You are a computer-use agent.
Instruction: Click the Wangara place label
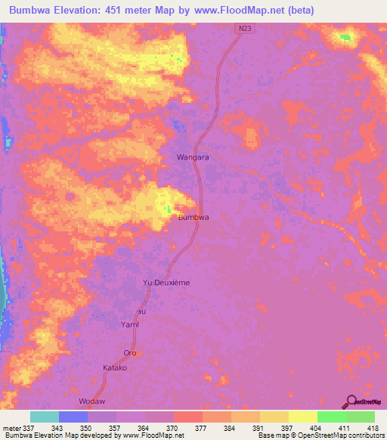[x=192, y=157]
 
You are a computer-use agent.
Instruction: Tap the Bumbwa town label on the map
[x=193, y=217]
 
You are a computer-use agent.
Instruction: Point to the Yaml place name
[x=131, y=324]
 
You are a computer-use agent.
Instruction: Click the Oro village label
[x=130, y=353]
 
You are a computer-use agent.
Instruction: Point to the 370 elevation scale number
[x=173, y=427]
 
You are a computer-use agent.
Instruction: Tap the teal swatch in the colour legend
[x=44, y=417]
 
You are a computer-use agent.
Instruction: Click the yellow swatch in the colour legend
[x=302, y=417]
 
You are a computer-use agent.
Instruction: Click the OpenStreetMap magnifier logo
[x=352, y=401]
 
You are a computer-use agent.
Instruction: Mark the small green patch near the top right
[x=345, y=36]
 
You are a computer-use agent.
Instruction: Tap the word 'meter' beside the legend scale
[x=12, y=427]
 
